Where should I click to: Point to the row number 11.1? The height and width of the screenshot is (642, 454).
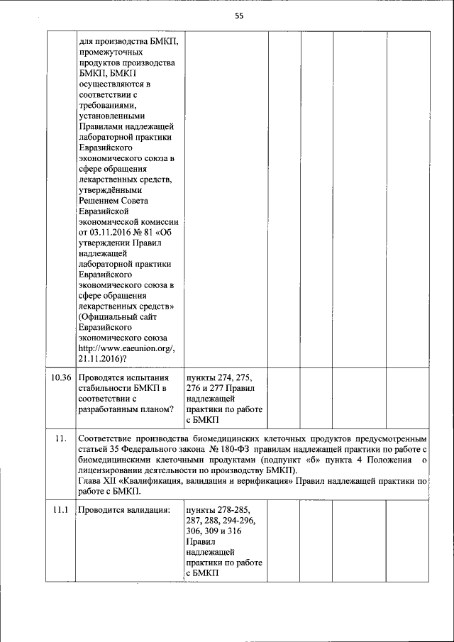[61, 510]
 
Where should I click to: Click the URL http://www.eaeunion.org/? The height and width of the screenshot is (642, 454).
[126, 348]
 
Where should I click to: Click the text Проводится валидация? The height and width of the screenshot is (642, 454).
[124, 510]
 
